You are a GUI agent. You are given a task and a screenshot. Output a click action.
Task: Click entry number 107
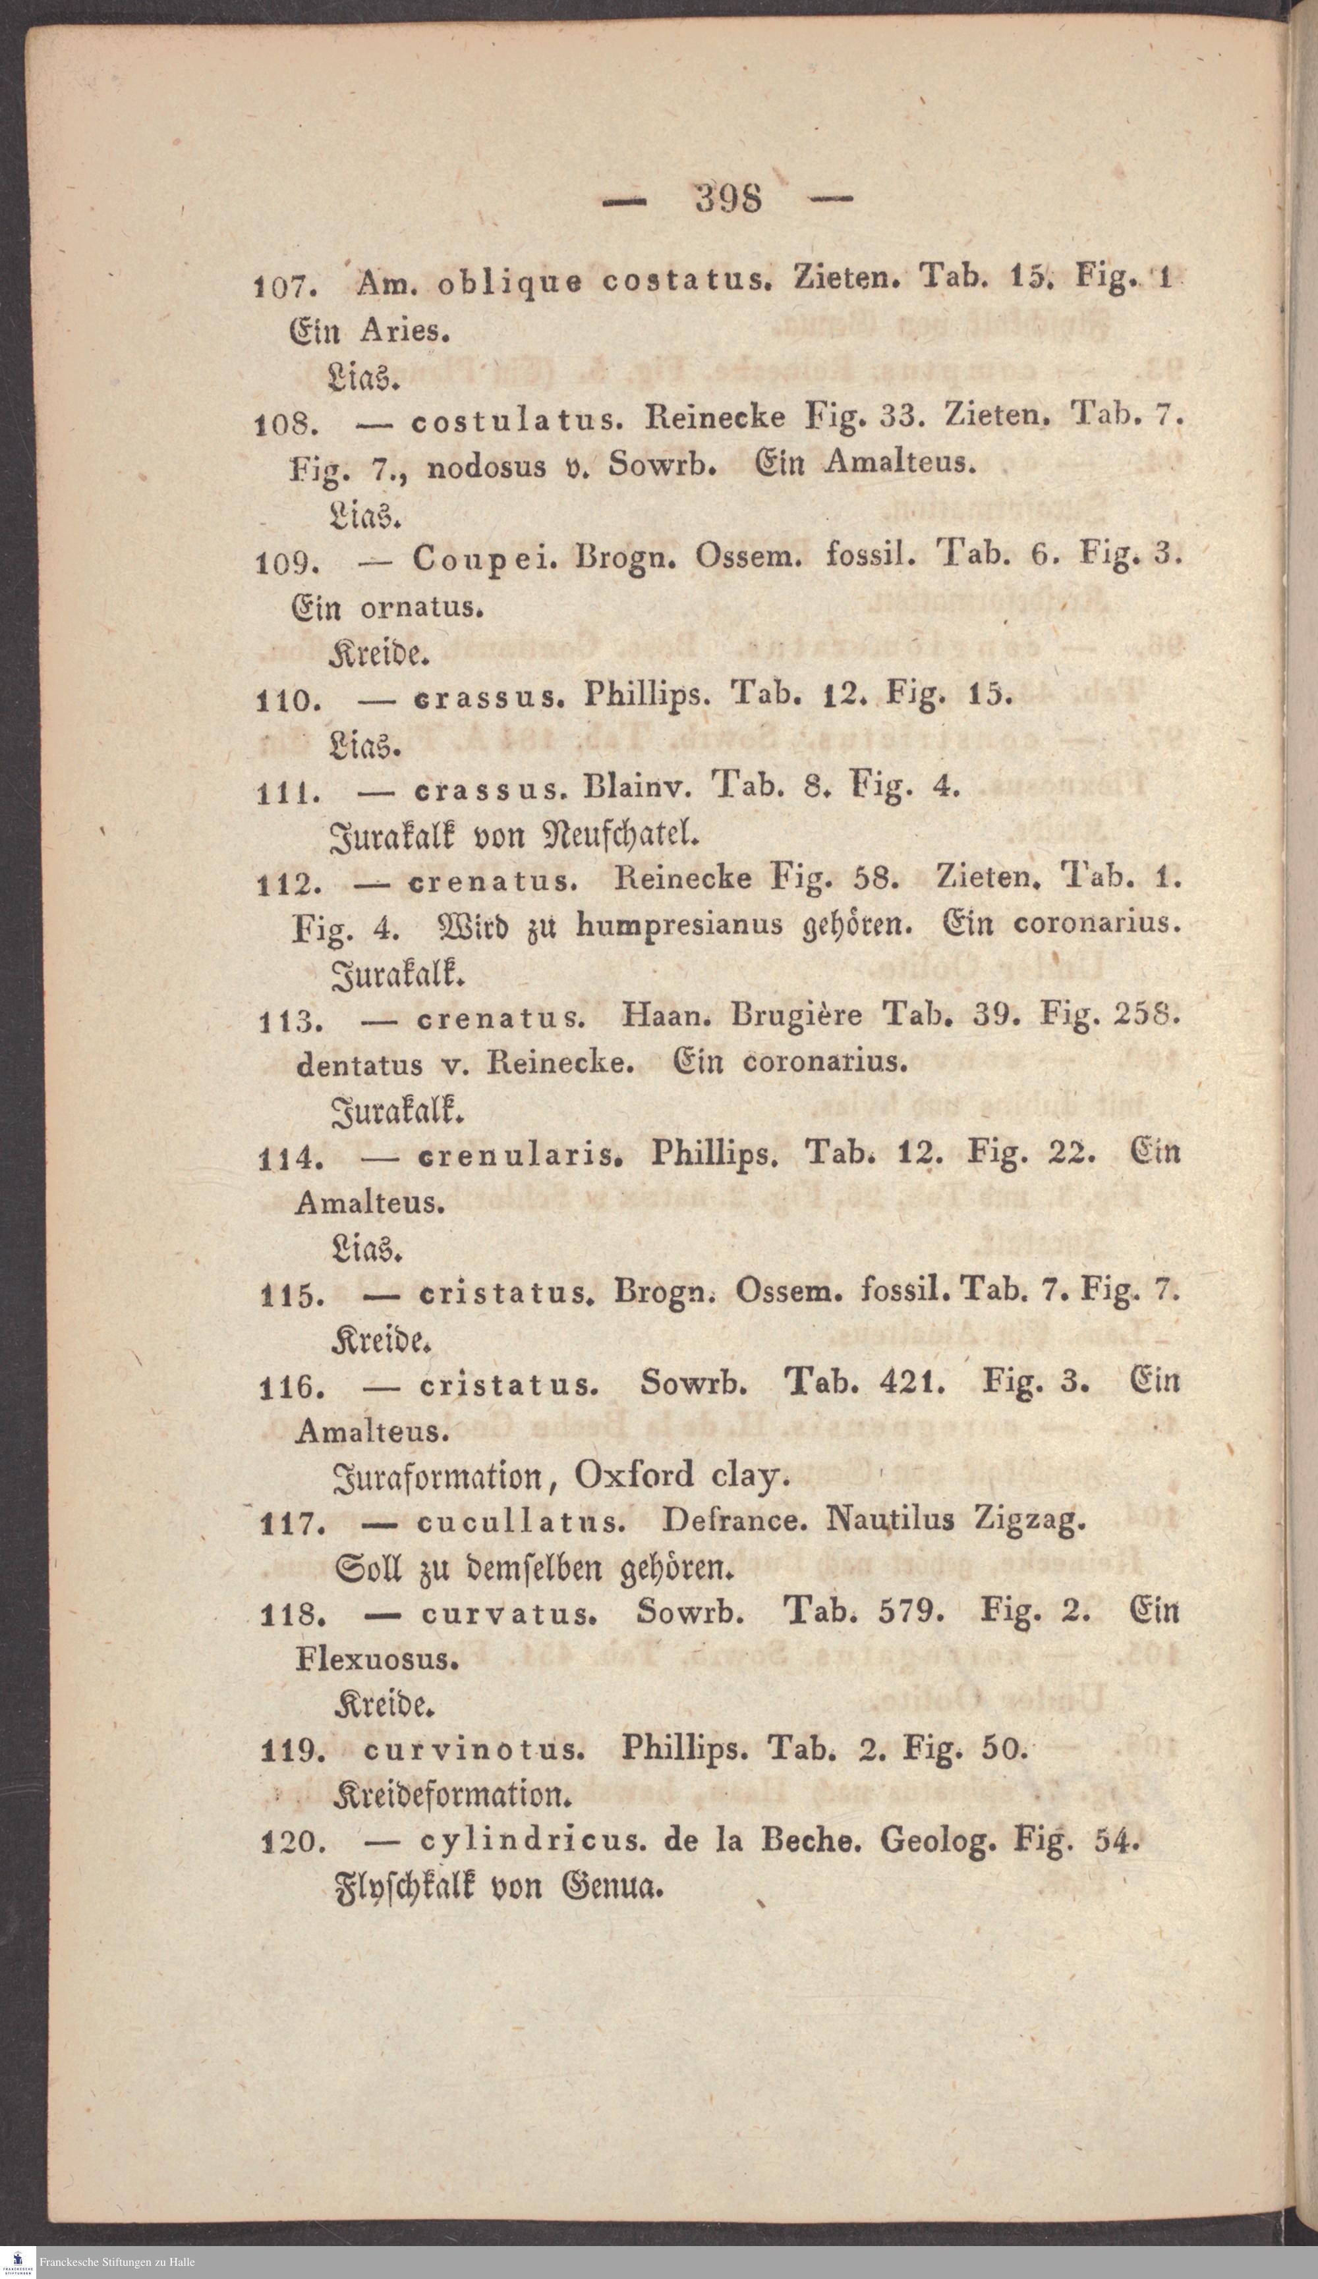pyautogui.click(x=284, y=288)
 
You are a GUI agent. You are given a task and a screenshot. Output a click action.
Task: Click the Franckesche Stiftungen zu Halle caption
pyautogui.click(x=117, y=2262)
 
